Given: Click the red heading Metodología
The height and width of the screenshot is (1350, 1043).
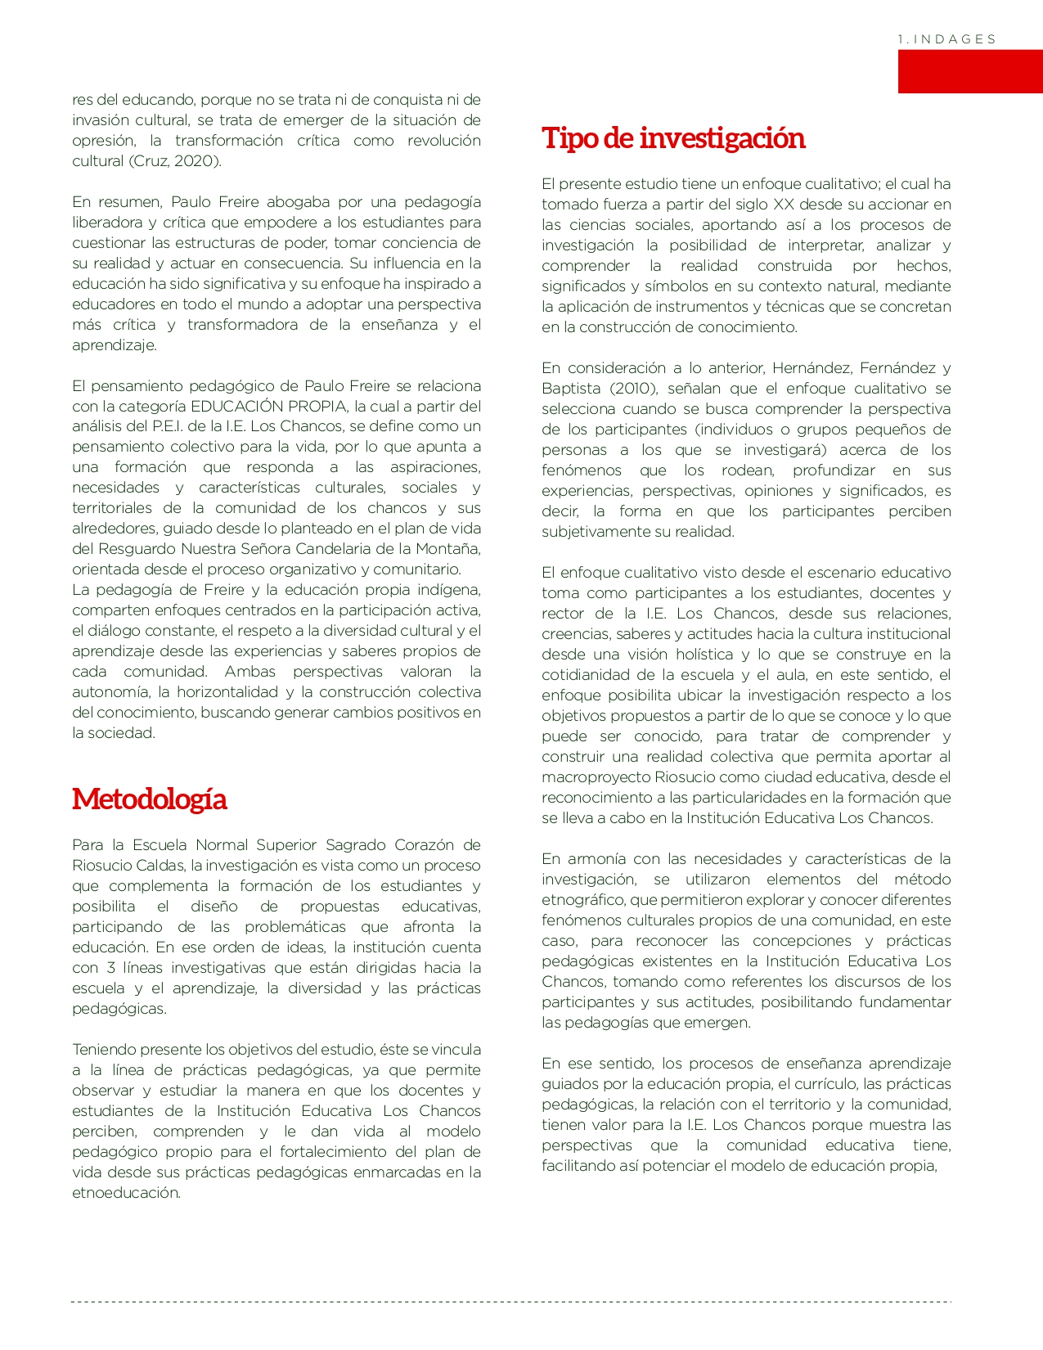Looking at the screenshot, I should coord(149,799).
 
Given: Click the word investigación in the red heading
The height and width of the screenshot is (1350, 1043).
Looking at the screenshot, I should coord(722,138).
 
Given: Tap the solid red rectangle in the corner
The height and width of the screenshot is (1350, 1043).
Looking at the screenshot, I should coord(969,71).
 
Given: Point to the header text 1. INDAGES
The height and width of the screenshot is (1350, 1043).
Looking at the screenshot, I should coord(946,39).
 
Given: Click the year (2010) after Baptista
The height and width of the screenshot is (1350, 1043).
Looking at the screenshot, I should coord(634,389).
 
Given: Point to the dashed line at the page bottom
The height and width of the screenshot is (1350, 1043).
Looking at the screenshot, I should coord(511,1301).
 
